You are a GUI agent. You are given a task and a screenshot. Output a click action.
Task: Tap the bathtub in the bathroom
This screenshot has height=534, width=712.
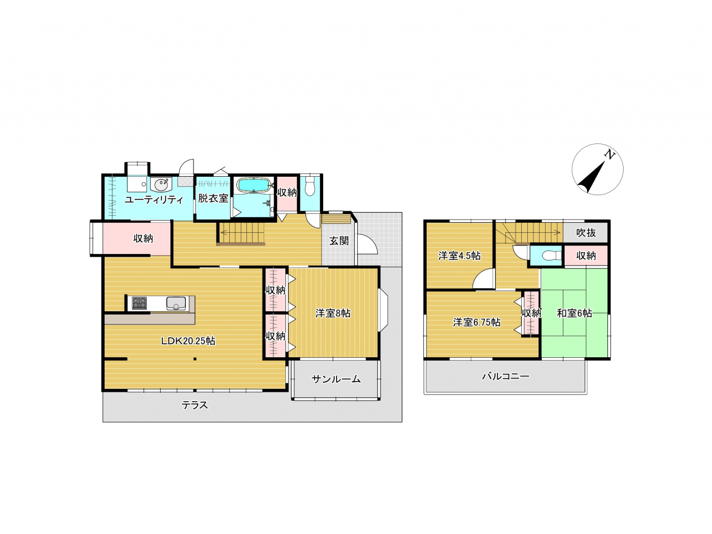(x=253, y=185)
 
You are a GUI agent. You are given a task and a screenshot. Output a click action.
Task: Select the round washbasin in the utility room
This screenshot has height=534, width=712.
(x=161, y=185)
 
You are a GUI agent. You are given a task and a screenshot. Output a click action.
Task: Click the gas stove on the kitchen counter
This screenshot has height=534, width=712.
(x=139, y=303)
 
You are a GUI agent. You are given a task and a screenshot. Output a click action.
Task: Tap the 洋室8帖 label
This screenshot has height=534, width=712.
(x=333, y=313)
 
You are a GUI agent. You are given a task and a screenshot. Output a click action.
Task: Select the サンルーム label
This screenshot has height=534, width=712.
(x=336, y=379)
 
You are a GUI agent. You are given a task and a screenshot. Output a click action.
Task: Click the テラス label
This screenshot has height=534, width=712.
(x=195, y=405)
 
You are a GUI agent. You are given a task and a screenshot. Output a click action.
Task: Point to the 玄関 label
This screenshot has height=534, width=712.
(x=339, y=241)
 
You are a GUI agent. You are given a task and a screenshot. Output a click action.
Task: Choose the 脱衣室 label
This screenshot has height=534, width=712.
(x=213, y=198)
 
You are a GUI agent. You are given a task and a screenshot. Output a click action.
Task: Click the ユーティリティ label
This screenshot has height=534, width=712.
(x=154, y=199)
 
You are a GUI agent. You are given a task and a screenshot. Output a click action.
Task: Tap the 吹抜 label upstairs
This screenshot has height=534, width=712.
(x=586, y=232)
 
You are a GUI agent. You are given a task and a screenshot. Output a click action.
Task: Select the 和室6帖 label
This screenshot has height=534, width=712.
(x=574, y=313)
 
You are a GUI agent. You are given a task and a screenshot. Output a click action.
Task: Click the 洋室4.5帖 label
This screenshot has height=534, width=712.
(x=459, y=256)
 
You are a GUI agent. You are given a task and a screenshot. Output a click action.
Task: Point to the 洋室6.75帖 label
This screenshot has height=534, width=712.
(x=477, y=322)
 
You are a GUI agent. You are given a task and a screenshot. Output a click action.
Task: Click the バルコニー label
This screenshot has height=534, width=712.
(x=506, y=376)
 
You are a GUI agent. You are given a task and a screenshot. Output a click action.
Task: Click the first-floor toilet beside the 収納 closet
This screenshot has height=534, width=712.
(x=310, y=186)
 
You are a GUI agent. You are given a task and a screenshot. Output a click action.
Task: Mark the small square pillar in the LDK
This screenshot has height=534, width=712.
(x=195, y=359)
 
